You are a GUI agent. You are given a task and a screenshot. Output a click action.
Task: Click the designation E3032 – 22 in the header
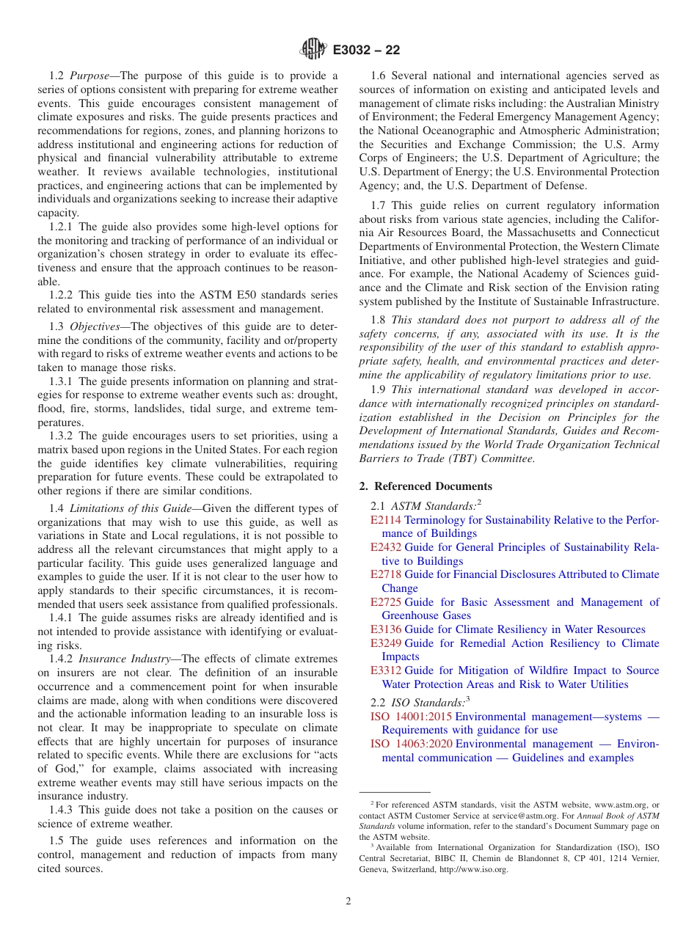click(366, 51)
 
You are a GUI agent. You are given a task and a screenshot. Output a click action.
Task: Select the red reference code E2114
click(386, 520)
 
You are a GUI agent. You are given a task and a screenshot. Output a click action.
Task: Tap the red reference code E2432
click(386, 547)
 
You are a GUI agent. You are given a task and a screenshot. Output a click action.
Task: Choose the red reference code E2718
click(386, 574)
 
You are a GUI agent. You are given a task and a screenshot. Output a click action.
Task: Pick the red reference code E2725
click(386, 602)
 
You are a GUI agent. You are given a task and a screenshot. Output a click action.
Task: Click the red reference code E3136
click(386, 629)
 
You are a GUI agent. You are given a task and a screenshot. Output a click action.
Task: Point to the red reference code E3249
click(386, 643)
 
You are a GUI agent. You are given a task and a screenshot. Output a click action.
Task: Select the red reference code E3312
click(386, 670)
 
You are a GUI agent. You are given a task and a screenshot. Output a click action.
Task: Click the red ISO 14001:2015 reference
click(411, 717)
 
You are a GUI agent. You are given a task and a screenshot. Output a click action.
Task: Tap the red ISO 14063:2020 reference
click(411, 744)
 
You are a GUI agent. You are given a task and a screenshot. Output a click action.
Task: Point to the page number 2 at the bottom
click(348, 901)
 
